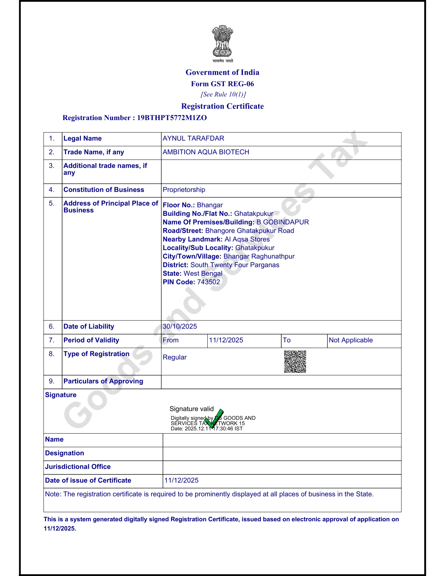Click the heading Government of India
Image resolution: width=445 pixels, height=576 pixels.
pyautogui.click(x=222, y=72)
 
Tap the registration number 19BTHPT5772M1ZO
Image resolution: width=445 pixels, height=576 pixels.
pyautogui.click(x=172, y=118)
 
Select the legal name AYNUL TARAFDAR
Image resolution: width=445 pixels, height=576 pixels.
pyautogui.click(x=193, y=138)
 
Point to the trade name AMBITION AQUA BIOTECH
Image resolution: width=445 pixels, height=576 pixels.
pyautogui.click(x=206, y=152)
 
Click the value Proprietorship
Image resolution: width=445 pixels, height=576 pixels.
pyautogui.click(x=184, y=190)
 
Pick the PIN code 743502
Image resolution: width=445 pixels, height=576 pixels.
pyautogui.click(x=209, y=282)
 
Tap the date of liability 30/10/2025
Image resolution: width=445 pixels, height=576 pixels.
pyautogui.click(x=180, y=326)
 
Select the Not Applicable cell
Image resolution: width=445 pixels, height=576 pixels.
pyautogui.click(x=351, y=340)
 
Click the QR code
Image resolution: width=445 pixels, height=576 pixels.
pyautogui.click(x=295, y=362)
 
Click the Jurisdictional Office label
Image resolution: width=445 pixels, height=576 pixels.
pyautogui.click(x=78, y=467)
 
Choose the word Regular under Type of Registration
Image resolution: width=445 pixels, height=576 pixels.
pyautogui.click(x=175, y=357)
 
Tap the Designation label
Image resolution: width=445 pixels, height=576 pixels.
pyautogui.click(x=65, y=453)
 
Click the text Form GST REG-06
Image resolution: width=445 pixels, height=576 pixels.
pyautogui.click(x=222, y=84)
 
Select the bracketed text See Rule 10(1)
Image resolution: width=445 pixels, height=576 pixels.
pyautogui.click(x=223, y=94)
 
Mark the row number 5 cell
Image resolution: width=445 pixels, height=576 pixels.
pyautogui.click(x=52, y=203)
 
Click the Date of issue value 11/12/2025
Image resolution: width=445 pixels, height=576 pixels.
pyautogui.click(x=181, y=480)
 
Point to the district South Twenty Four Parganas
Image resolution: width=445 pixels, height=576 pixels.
pyautogui.click(x=235, y=265)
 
